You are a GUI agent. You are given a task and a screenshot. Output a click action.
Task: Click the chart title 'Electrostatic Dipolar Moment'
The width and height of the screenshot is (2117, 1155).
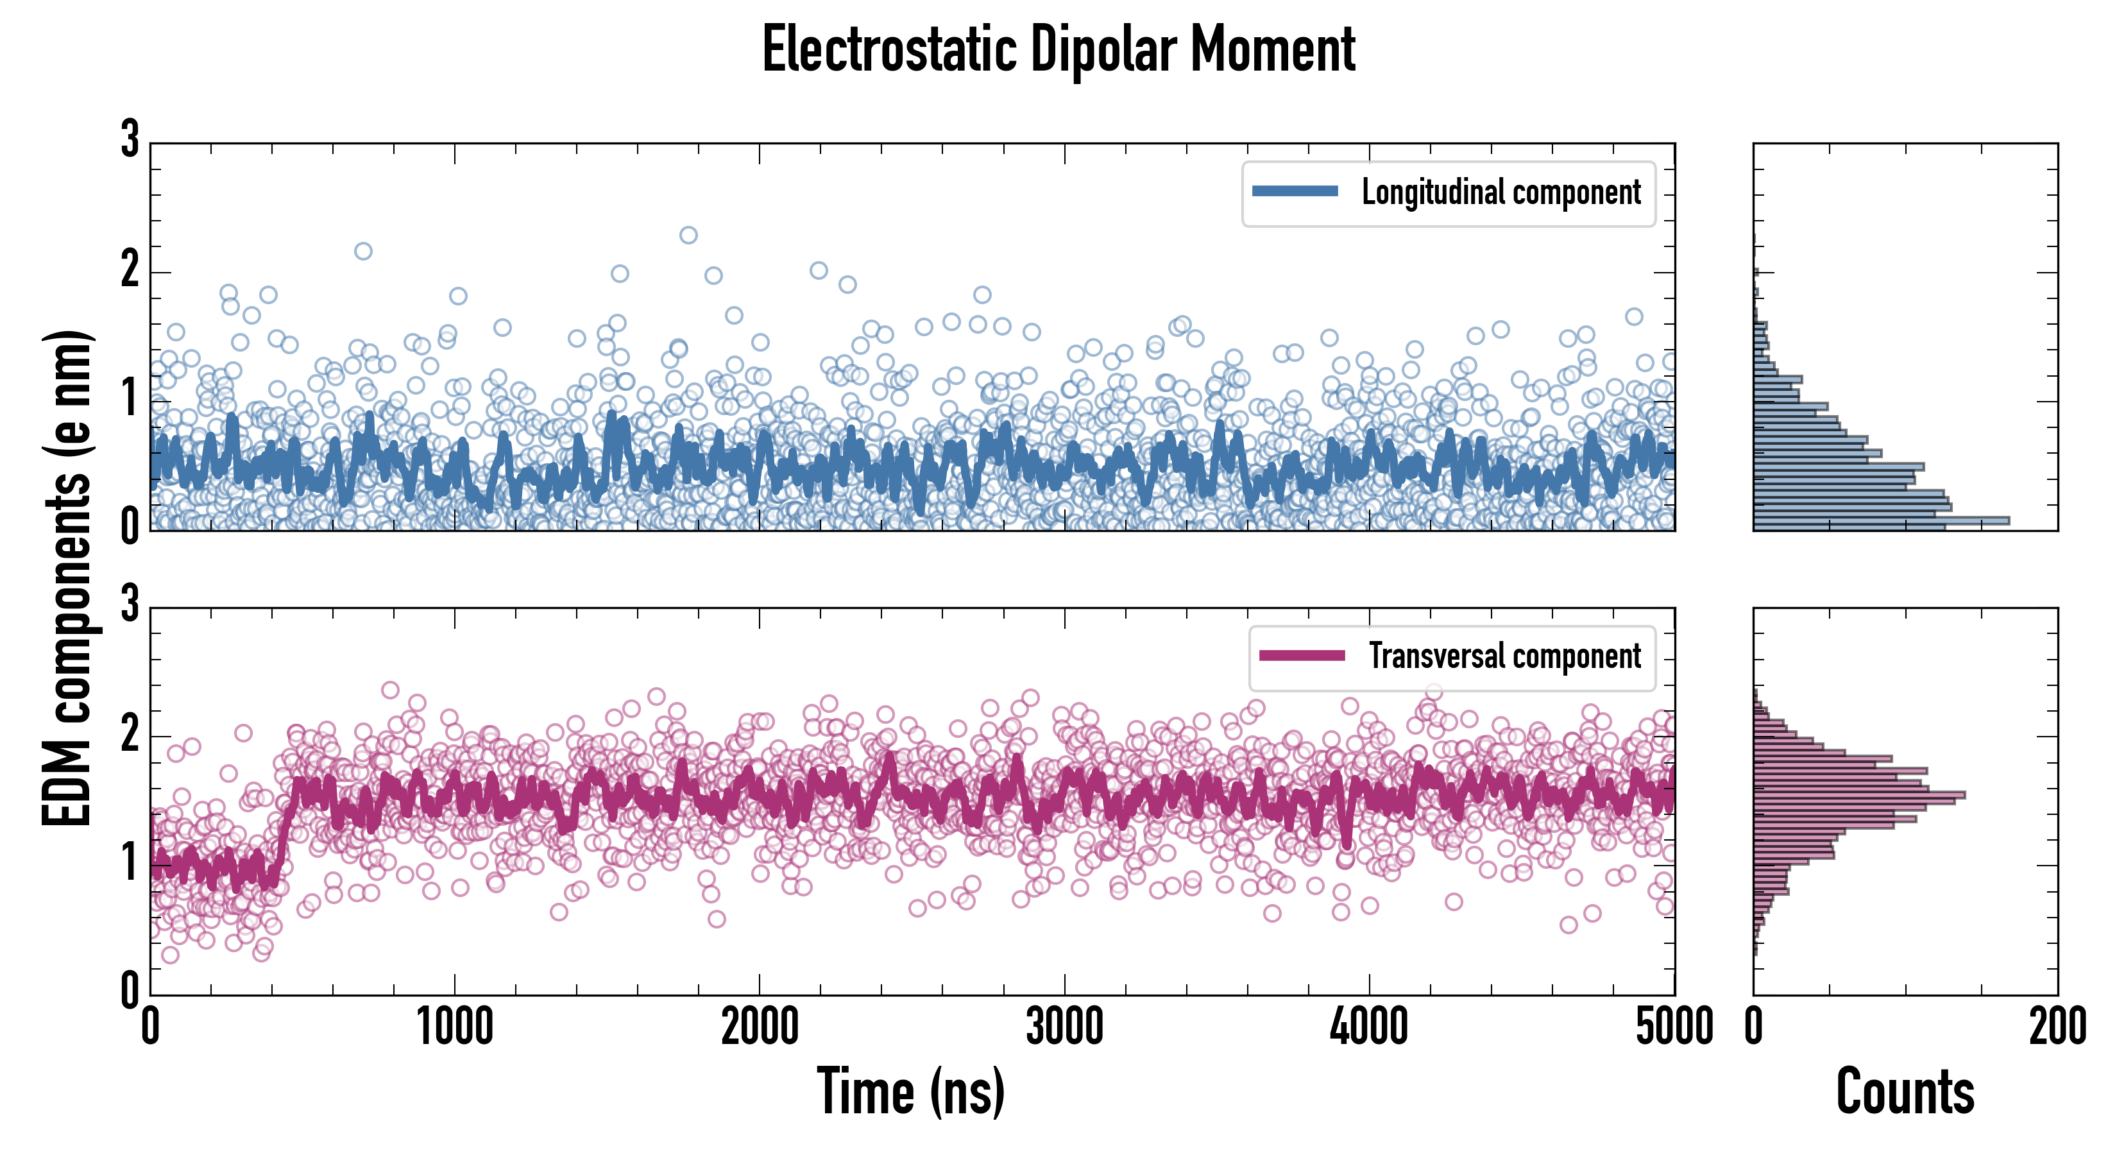tap(1058, 49)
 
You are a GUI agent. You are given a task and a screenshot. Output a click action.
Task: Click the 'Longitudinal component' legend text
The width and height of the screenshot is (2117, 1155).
tap(1501, 193)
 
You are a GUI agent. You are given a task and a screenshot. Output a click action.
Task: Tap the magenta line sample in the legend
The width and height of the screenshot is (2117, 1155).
tap(1302, 655)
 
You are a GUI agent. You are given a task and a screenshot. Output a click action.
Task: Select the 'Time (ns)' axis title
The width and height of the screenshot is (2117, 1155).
tap(910, 1091)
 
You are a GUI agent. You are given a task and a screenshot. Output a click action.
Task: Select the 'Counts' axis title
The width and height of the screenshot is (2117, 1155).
tap(1905, 1091)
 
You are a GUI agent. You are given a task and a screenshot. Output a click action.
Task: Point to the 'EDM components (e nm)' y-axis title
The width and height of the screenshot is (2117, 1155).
tap(67, 578)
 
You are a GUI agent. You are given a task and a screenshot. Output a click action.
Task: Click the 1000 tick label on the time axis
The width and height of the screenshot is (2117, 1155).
tap(454, 1027)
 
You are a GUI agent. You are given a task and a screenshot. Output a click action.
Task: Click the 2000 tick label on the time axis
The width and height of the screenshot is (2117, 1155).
tap(760, 1027)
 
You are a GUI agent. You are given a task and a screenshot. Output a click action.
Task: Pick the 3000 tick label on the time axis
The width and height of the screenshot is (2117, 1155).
tap(1064, 1027)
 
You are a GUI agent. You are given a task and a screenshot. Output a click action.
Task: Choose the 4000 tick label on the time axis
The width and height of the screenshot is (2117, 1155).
tap(1369, 1027)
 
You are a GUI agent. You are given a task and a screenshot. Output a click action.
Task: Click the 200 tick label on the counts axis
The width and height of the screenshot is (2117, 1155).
tap(2057, 1027)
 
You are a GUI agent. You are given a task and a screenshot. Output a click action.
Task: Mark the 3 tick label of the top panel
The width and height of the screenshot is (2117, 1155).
tap(130, 140)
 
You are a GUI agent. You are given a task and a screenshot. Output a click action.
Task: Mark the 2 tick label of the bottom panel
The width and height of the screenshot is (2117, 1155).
tap(130, 734)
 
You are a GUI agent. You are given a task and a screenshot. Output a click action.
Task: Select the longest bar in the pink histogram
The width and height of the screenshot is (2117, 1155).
tap(1859, 795)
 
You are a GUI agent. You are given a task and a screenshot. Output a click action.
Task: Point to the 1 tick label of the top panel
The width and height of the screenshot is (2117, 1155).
tap(130, 400)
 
